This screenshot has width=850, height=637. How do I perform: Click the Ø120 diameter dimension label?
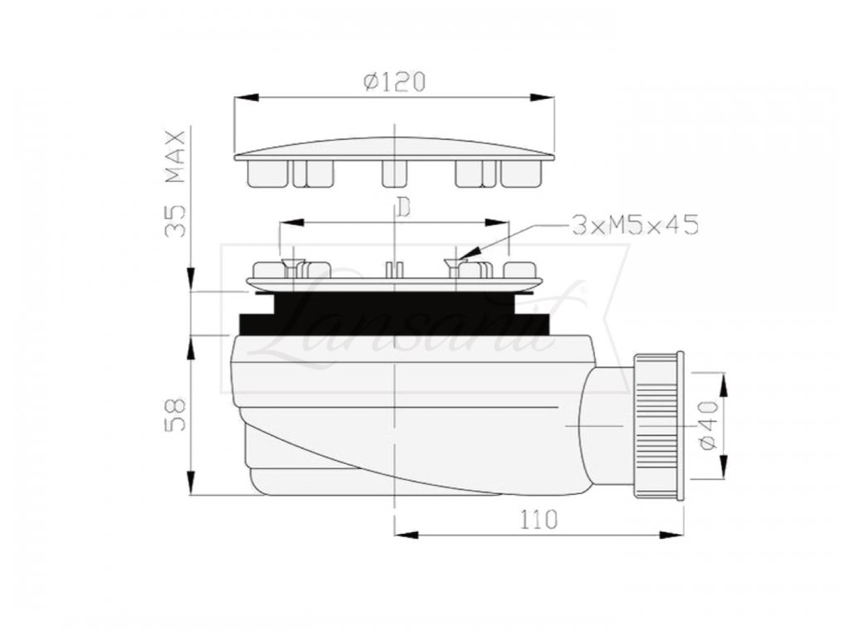click(394, 82)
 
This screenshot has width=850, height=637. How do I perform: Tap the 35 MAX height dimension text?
click(175, 183)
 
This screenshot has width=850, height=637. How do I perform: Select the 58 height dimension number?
click(175, 415)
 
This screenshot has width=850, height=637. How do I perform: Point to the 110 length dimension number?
click(539, 519)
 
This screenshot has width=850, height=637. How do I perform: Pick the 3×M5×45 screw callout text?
click(635, 225)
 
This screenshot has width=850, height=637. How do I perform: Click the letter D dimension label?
click(403, 207)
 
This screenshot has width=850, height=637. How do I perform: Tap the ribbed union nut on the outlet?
click(658, 425)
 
